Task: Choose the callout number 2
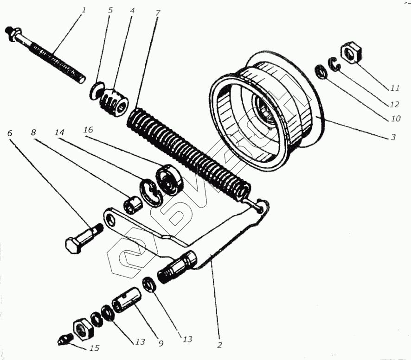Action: [219, 345]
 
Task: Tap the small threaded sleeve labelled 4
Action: [114, 100]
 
